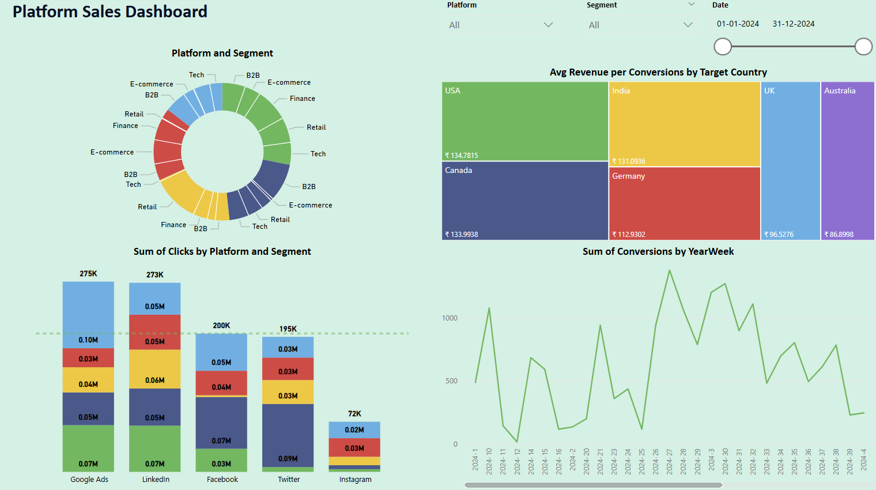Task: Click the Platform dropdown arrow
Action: click(548, 25)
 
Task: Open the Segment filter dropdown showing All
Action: click(640, 25)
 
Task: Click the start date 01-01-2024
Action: click(738, 24)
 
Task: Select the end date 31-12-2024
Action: click(794, 24)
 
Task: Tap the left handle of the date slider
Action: click(723, 47)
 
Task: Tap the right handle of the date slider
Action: click(863, 47)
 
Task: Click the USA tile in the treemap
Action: click(525, 121)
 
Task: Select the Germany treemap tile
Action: click(685, 203)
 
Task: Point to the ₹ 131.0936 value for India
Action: click(629, 161)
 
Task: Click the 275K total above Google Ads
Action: click(88, 274)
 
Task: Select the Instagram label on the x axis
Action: click(355, 480)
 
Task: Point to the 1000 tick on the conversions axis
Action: click(450, 318)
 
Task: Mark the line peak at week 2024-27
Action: click(670, 270)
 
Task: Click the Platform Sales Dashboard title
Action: click(110, 12)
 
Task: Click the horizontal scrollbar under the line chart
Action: click(593, 485)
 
